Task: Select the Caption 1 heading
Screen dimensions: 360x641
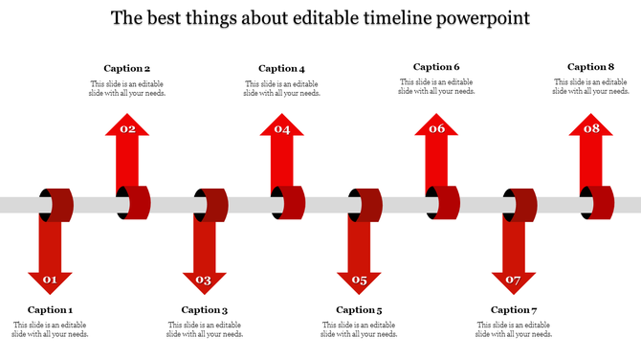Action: tap(50, 309)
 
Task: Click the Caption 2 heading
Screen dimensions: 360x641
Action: tap(127, 68)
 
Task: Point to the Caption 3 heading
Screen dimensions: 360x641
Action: tap(205, 309)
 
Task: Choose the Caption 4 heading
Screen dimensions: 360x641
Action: tap(282, 68)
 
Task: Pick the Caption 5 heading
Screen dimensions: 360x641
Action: tap(360, 309)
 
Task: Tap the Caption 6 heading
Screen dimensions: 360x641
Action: tap(436, 67)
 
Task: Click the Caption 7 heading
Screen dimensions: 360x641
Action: tap(514, 309)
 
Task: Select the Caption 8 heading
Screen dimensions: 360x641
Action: tap(591, 67)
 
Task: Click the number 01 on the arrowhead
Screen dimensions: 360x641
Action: tap(50, 281)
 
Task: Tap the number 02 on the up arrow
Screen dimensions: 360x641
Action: tap(127, 129)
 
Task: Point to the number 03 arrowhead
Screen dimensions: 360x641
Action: tap(204, 281)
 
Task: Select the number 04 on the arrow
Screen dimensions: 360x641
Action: tap(282, 129)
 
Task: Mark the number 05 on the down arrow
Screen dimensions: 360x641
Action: tap(359, 281)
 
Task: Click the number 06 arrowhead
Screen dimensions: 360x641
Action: tap(436, 129)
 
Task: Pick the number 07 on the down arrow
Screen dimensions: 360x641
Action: tap(514, 281)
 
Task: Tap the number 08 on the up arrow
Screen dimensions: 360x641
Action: tap(591, 129)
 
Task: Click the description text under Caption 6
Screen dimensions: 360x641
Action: tap(436, 88)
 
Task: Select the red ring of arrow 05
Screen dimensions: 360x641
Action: tap(368, 204)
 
